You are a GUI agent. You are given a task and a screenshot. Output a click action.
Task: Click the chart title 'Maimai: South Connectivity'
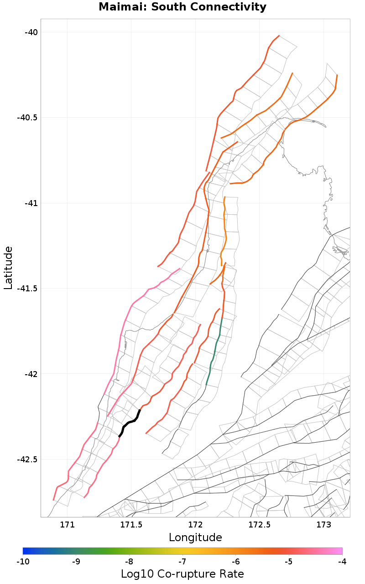[x=182, y=7]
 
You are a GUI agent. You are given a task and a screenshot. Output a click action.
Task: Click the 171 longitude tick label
[x=67, y=525]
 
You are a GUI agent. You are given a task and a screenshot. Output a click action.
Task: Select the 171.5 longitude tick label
[x=131, y=525]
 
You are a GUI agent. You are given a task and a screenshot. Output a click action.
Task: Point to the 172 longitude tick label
[x=195, y=525]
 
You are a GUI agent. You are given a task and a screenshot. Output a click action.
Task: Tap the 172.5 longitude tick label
[x=259, y=525]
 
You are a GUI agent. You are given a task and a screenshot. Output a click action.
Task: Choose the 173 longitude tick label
[x=323, y=525]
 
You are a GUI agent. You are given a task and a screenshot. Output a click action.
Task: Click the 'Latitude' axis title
[x=8, y=268]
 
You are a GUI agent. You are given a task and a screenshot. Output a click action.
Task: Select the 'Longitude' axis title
[x=195, y=537]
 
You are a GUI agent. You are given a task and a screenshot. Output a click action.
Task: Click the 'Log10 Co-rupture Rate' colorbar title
[x=182, y=574]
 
